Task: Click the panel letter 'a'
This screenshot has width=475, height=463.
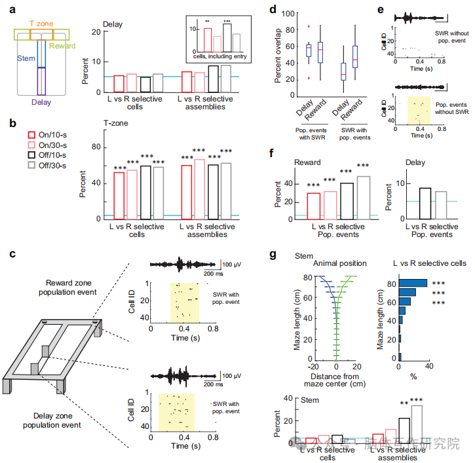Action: pos(7,9)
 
